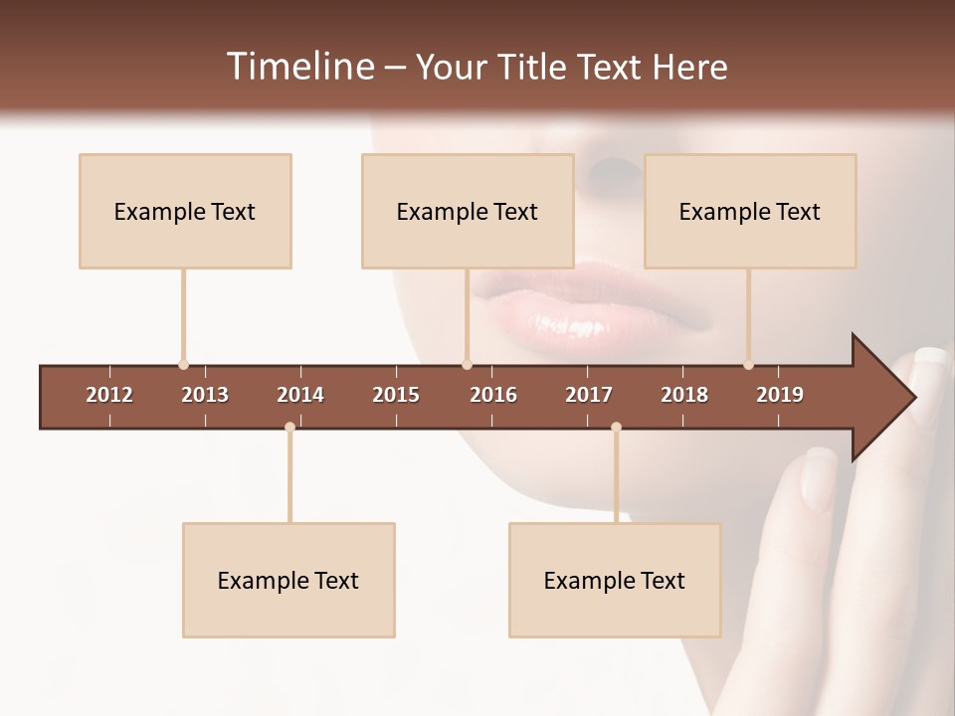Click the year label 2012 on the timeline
tap(109, 395)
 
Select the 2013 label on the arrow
tap(205, 395)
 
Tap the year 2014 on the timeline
tap(300, 395)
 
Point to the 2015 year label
tap(396, 395)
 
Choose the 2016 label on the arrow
tap(493, 395)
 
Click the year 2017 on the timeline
tap(589, 395)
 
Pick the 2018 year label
tap(684, 395)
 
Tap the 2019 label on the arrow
tap(780, 395)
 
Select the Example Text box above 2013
tap(185, 211)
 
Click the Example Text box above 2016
tap(468, 211)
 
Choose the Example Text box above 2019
tap(750, 211)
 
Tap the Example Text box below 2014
tap(288, 580)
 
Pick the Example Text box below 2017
tap(615, 580)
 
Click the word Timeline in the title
tap(298, 67)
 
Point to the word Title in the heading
tap(537, 67)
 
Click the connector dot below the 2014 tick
tap(289, 427)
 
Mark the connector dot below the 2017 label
tap(616, 427)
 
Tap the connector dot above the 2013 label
tap(183, 364)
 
